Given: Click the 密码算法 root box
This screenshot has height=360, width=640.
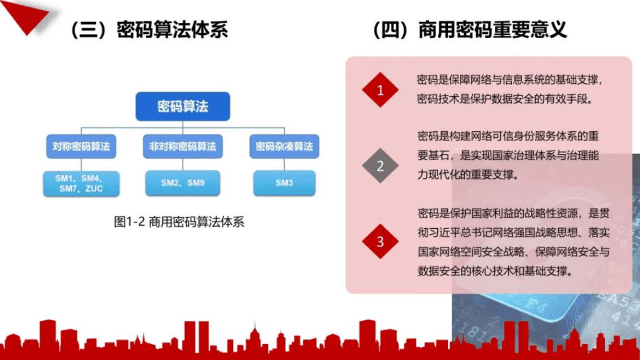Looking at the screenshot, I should click(182, 106).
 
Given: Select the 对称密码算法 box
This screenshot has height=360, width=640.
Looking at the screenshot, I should click(81, 146).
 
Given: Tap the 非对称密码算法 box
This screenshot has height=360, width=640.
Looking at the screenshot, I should click(182, 146).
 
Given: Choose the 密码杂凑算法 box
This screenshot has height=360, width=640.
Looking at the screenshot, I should click(284, 146).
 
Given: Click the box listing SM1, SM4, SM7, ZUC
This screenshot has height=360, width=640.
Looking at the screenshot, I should click(81, 183).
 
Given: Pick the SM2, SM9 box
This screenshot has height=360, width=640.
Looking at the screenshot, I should click(182, 183).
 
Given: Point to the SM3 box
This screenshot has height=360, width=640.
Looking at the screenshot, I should click(284, 183).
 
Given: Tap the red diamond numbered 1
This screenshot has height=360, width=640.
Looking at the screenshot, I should click(380, 90).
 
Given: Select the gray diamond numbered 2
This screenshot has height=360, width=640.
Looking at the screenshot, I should click(380, 166).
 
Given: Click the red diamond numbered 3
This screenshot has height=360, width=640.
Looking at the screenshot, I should click(380, 241).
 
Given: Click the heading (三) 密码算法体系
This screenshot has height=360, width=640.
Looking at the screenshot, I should click(149, 30).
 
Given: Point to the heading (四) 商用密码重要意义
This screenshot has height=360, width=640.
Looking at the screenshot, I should click(470, 30).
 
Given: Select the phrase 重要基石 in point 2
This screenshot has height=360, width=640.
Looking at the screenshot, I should click(435, 156).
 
